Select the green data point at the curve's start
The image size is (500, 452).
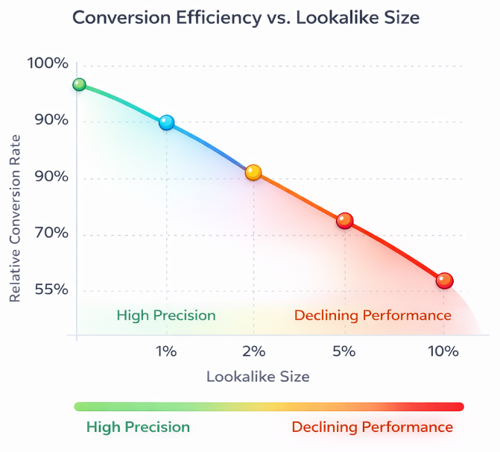coord(79,84)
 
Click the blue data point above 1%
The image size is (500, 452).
coord(167,122)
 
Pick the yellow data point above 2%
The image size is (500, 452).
coord(253,172)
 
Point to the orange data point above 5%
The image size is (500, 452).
coord(344,220)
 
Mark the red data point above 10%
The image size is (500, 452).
coord(444,280)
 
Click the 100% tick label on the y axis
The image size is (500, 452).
coord(48,63)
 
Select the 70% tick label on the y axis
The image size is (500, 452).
coord(51,233)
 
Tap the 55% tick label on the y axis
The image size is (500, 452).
coord(51,289)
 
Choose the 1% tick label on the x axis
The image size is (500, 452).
coord(165,351)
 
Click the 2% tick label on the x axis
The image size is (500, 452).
coord(253,351)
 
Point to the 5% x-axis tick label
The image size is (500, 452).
coord(344,351)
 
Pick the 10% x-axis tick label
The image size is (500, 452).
coord(443,351)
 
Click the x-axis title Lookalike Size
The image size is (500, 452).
coord(258,377)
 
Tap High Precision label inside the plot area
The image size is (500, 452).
coord(166,316)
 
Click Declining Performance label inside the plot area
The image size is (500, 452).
coord(373,316)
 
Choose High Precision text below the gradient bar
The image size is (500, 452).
coord(138,427)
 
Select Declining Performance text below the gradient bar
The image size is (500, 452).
coord(372,427)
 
